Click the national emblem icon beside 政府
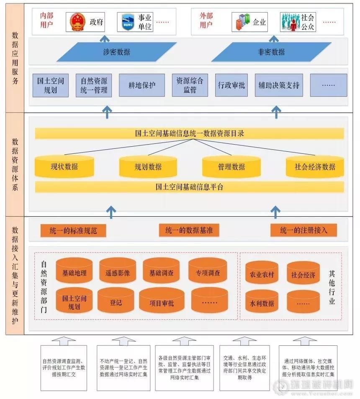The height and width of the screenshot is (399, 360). pyautogui.click(x=77, y=22)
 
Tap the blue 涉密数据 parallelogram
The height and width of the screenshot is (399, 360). pyautogui.click(x=111, y=52)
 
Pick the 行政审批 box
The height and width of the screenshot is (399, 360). pyautogui.click(x=231, y=85)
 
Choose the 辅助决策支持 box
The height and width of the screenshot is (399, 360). pyautogui.click(x=279, y=85)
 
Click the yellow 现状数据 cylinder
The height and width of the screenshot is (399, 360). pyautogui.click(x=64, y=166)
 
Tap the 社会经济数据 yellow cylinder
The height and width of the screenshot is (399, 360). pyautogui.click(x=315, y=166)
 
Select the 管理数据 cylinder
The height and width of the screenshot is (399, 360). pyautogui.click(x=231, y=166)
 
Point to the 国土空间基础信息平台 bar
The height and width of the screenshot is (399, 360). pyautogui.click(x=189, y=187)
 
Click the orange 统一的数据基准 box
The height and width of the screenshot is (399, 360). pyautogui.click(x=189, y=230)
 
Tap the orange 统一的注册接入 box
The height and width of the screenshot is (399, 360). pyautogui.click(x=303, y=230)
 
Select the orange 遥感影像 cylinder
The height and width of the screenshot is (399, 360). pyautogui.click(x=118, y=273)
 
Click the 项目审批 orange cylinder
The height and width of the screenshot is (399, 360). pyautogui.click(x=162, y=303)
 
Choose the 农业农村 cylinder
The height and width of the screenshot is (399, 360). pyautogui.click(x=262, y=275)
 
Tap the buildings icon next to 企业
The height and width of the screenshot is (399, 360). pyautogui.click(x=243, y=22)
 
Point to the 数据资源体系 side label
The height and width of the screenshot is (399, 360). pyautogui.click(x=15, y=165)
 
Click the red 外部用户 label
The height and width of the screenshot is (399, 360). pyautogui.click(x=206, y=20)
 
